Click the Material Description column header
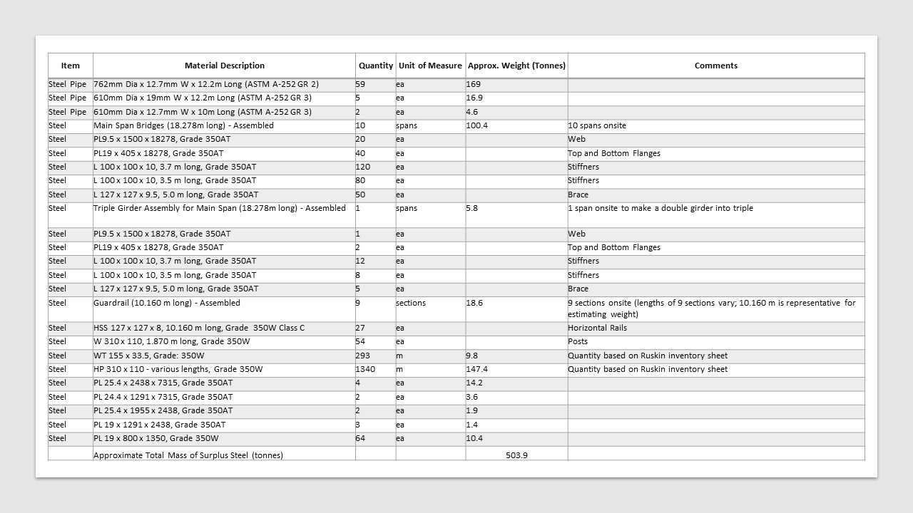224,66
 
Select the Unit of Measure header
430,66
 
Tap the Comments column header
715,66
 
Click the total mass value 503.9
516,455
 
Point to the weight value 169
473,84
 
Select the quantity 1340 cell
365,369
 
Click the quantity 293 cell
363,356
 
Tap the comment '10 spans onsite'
597,125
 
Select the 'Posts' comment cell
578,341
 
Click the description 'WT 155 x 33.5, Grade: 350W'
149,356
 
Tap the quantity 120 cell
363,167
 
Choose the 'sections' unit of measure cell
411,303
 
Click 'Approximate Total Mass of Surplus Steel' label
188,455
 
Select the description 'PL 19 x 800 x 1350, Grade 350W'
156,438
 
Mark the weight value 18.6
474,303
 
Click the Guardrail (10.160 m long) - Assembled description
167,303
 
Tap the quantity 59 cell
360,84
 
